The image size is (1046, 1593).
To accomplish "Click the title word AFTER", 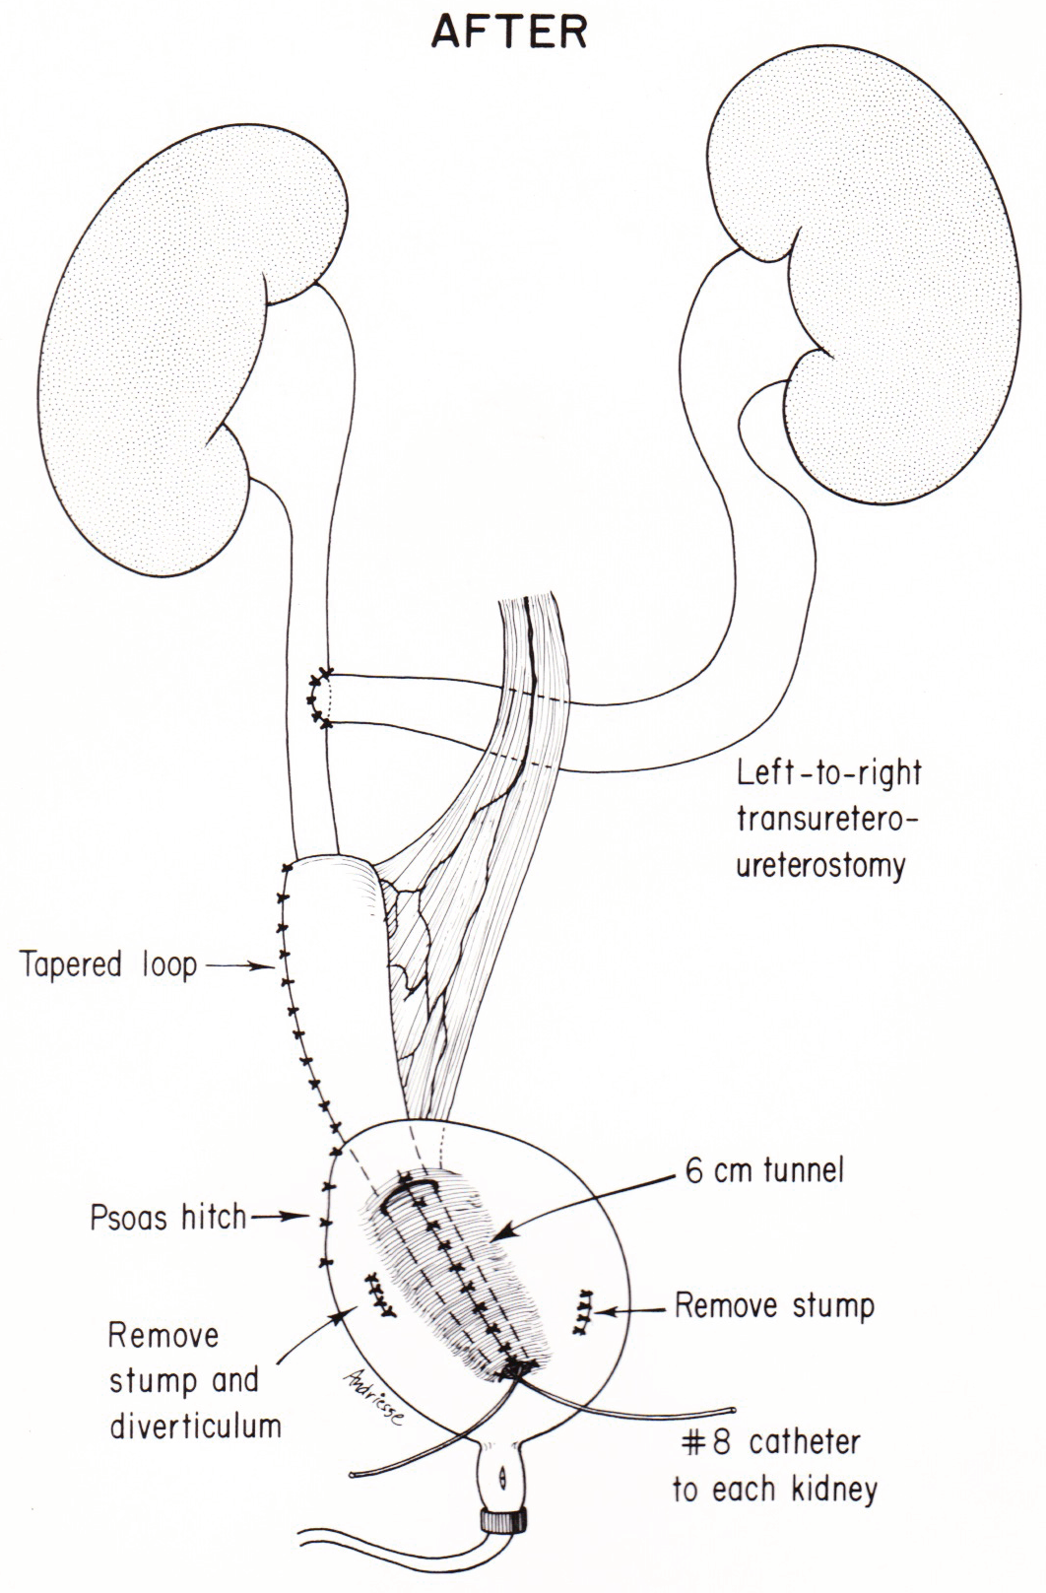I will tap(509, 33).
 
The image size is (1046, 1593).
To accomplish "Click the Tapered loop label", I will tap(108, 964).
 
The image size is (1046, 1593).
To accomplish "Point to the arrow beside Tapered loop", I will tap(240, 966).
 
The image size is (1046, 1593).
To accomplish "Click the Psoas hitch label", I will tap(168, 1218).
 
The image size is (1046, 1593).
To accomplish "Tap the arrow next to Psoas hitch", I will tap(281, 1218).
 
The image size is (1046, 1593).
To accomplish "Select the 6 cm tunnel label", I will tap(765, 1170).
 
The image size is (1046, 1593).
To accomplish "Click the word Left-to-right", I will tap(828, 771).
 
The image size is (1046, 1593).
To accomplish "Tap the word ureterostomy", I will tap(819, 866).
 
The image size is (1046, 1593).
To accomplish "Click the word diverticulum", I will tap(195, 1426).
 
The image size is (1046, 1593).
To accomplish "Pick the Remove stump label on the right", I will tap(774, 1306).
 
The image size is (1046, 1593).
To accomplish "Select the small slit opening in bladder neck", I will tap(503, 1479).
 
